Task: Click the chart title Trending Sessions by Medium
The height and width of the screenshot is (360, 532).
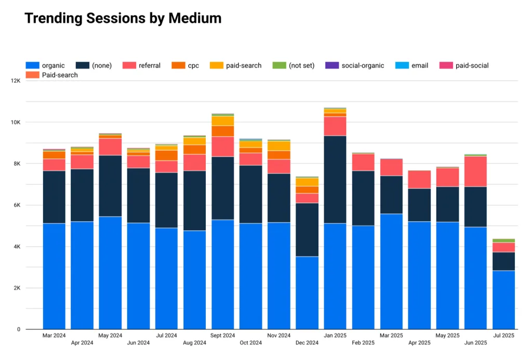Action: (x=123, y=19)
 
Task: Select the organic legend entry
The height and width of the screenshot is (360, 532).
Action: (x=45, y=65)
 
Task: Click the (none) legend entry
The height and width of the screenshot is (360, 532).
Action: (x=94, y=65)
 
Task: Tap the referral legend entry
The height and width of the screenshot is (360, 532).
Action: (x=141, y=65)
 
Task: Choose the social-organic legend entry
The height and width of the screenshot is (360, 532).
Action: (x=355, y=65)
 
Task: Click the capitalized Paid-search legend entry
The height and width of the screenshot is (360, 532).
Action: (x=51, y=75)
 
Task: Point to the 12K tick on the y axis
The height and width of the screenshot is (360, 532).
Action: (x=15, y=81)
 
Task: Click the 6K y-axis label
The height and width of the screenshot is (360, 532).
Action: (x=16, y=205)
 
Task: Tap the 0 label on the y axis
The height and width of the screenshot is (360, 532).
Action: (x=18, y=329)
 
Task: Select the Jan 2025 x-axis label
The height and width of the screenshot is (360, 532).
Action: (x=335, y=336)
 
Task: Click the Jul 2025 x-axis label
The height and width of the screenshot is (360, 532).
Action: (x=503, y=336)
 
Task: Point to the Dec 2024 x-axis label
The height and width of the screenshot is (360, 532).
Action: (x=307, y=343)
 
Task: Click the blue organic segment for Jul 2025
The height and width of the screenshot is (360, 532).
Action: (x=503, y=300)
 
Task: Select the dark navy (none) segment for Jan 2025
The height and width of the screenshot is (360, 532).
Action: (x=335, y=179)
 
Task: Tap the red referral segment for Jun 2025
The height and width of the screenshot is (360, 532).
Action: (x=475, y=171)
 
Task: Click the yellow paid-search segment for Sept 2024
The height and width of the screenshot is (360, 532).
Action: (x=222, y=121)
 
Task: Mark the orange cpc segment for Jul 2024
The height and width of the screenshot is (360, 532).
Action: (x=166, y=155)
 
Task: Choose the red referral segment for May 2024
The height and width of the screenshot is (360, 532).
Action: (x=110, y=147)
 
